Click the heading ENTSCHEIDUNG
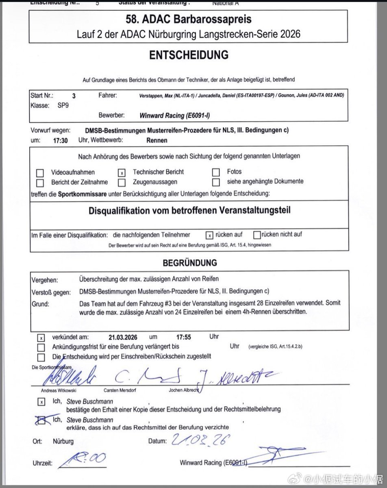click(x=189, y=55)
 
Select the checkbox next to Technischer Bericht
click(x=122, y=172)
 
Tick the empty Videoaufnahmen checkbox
click(x=40, y=173)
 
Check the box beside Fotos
click(x=216, y=172)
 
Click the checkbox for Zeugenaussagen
click(x=122, y=183)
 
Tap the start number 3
click(x=74, y=96)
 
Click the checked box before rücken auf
click(x=209, y=235)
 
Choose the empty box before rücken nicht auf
click(x=257, y=235)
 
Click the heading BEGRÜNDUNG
click(x=190, y=263)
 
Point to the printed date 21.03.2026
click(x=123, y=337)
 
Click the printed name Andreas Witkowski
click(x=59, y=390)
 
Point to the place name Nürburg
click(x=63, y=441)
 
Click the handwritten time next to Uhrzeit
click(x=85, y=460)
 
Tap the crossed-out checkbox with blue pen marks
click(x=41, y=420)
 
